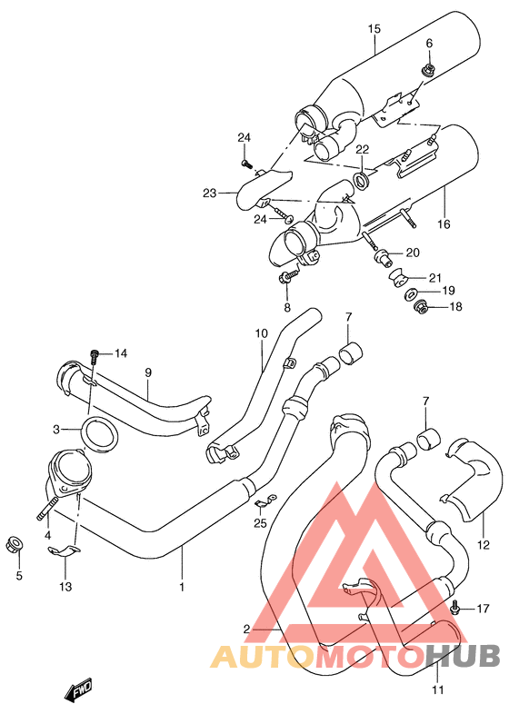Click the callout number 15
click(373, 29)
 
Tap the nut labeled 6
click(427, 69)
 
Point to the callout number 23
click(209, 192)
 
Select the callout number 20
click(412, 253)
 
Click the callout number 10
click(261, 333)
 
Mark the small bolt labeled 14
click(95, 353)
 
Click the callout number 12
click(483, 545)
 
